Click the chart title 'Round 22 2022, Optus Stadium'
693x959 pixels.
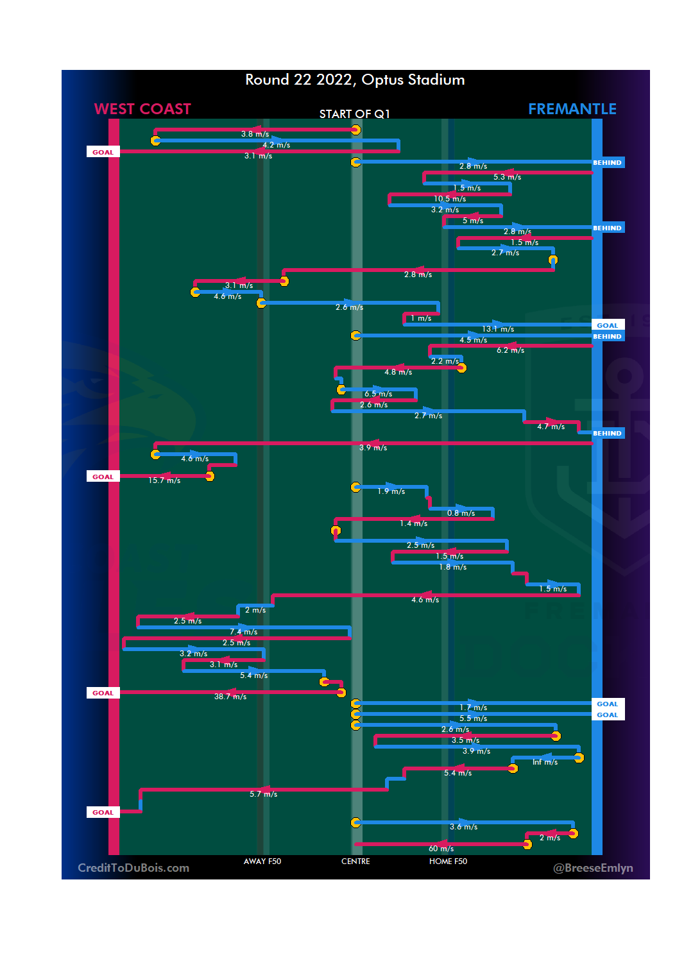point(355,80)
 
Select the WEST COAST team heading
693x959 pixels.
point(142,109)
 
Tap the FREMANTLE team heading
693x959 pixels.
point(572,109)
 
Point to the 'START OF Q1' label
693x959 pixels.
point(354,114)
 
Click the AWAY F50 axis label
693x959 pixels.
point(262,861)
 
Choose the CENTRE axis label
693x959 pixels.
point(355,861)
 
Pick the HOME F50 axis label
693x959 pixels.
point(448,861)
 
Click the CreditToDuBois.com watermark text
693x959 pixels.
point(133,868)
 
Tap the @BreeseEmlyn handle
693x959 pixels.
point(593,868)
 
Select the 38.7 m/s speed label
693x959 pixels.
point(230,697)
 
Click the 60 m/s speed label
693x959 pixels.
point(441,849)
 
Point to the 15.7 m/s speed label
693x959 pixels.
point(164,480)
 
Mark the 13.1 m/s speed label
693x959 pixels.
point(498,329)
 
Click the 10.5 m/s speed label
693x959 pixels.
point(450,199)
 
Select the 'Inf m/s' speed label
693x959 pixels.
point(545,762)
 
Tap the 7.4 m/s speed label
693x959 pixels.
point(243,632)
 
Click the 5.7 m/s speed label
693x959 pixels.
point(263,794)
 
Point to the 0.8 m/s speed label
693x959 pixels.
point(461,513)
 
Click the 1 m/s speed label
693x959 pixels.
point(421,318)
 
